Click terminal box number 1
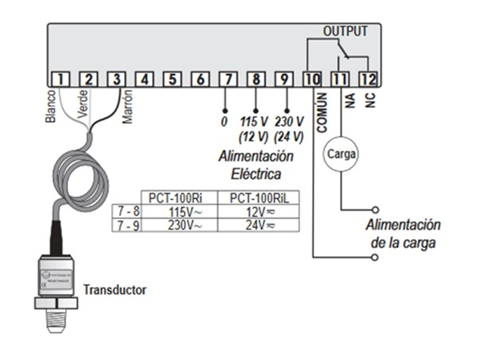[x=61, y=79]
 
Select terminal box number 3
[x=117, y=79]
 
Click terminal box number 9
[x=284, y=79]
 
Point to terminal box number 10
[x=312, y=79]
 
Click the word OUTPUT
[x=346, y=31]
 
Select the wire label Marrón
[x=127, y=107]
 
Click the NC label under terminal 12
[x=370, y=101]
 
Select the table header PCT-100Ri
[x=171, y=197]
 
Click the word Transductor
[x=115, y=289]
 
